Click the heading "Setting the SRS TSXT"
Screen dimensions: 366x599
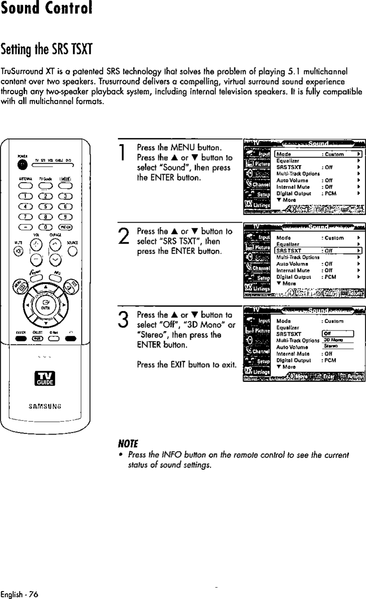(48, 47)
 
